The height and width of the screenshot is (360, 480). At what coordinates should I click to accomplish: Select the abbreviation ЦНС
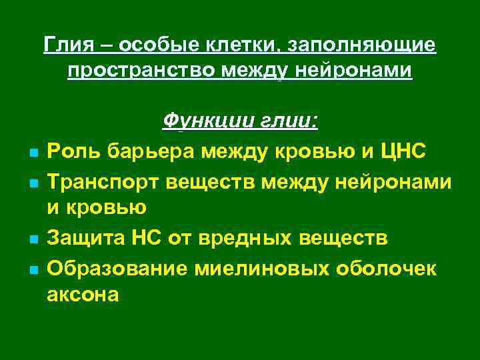(x=401, y=151)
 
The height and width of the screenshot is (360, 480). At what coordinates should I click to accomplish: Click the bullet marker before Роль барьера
(x=32, y=153)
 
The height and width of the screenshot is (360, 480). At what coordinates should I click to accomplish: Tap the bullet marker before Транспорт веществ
(x=32, y=183)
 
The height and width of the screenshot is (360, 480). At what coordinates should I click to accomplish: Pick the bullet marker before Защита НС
(x=32, y=239)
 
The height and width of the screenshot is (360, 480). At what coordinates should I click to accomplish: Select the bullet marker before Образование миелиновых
(x=32, y=269)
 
